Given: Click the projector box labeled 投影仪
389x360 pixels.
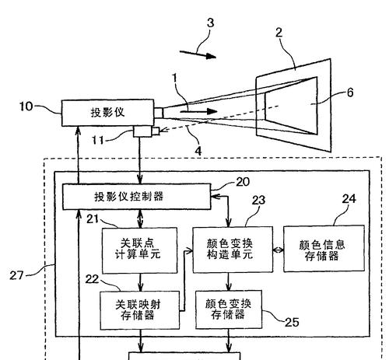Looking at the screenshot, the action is [107, 113].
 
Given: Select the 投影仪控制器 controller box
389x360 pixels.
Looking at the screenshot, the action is [137, 197].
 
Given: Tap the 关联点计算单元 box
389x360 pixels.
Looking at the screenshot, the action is [139, 250].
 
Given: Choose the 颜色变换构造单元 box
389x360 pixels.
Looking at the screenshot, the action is [233, 250].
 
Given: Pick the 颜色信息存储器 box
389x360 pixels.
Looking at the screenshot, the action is [324, 249].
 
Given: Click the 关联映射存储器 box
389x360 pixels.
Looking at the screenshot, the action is [140, 310].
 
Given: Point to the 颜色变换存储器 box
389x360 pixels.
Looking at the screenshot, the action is [229, 309].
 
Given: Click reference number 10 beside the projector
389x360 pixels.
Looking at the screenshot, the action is [26, 107].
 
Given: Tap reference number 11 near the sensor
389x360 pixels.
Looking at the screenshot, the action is [98, 140].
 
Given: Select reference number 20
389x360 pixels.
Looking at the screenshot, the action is [243, 182].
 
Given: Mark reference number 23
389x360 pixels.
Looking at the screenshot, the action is [258, 200].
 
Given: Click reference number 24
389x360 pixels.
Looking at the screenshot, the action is [349, 199].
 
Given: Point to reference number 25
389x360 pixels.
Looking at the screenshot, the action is [292, 322].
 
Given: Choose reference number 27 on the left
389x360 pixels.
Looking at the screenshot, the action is [16, 275].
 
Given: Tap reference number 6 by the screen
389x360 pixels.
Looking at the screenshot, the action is [350, 93].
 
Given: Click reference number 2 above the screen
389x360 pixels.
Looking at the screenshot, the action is [279, 33].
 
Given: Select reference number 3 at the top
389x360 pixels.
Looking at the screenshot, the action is [210, 23].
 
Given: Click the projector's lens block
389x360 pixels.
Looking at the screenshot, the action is [159, 113].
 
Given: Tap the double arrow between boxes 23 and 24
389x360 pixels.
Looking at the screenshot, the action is [279, 250].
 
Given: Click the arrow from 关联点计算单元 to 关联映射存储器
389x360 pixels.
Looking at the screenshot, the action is [140, 282].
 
